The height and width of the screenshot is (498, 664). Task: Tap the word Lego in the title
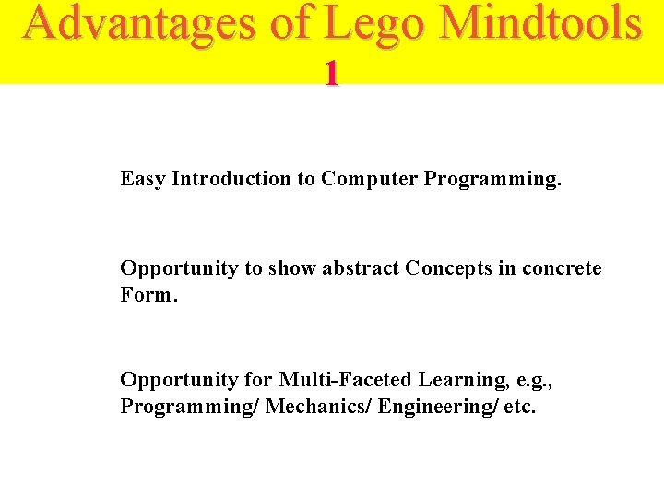(x=367, y=24)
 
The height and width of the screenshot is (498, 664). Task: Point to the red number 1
(x=331, y=74)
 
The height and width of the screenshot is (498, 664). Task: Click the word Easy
(x=143, y=179)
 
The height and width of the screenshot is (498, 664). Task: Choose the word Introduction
(x=231, y=179)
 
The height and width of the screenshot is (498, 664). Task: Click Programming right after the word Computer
(x=492, y=179)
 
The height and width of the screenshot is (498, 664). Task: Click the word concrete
(x=562, y=268)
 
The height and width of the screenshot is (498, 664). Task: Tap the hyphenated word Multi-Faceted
(x=346, y=380)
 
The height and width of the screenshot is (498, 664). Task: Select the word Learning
(x=457, y=380)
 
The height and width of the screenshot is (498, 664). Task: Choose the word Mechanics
(x=318, y=406)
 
